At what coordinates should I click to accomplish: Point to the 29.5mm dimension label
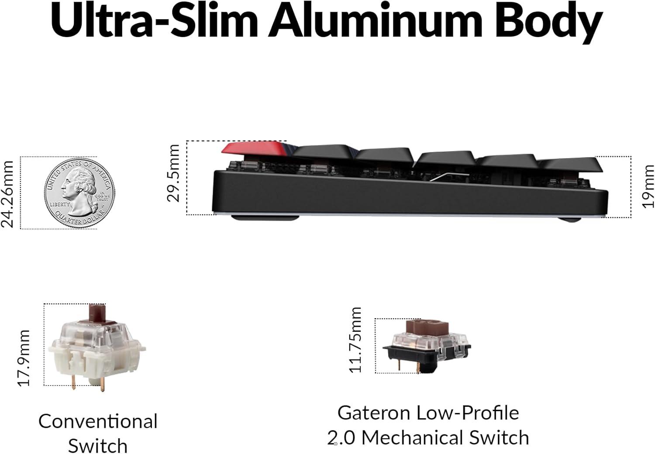click(x=173, y=173)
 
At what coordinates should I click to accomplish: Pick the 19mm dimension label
click(x=648, y=186)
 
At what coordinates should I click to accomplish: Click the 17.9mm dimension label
click(x=24, y=358)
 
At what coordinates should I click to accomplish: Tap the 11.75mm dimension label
click(x=356, y=340)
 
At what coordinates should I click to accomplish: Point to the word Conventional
click(x=98, y=421)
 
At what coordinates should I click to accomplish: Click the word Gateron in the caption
click(x=374, y=413)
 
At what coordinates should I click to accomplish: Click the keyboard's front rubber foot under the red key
click(x=265, y=217)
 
